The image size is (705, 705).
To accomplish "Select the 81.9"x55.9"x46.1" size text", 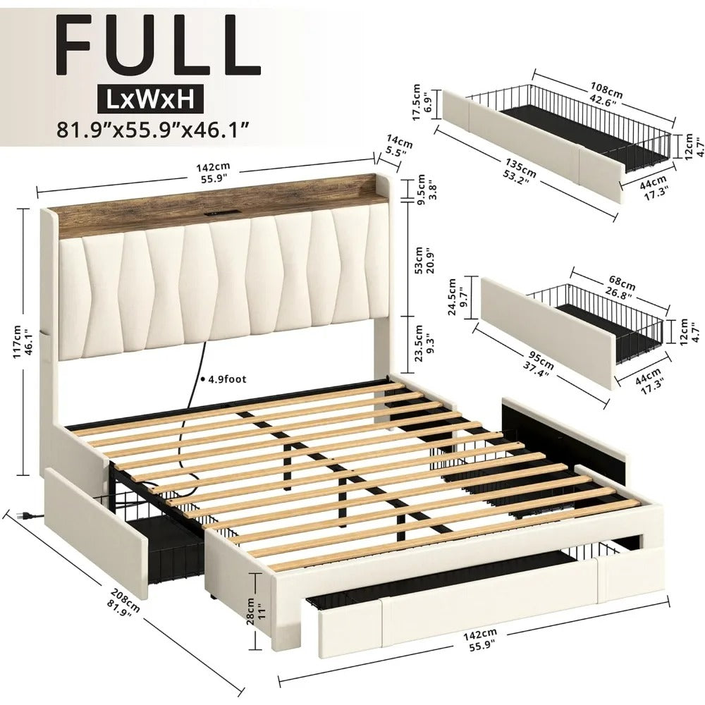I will (x=154, y=130).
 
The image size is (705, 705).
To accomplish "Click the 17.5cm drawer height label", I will (x=422, y=103).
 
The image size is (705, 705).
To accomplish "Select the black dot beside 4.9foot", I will (x=202, y=379).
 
